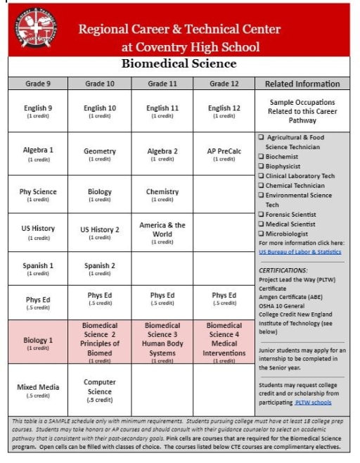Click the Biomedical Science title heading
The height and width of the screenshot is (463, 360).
179,64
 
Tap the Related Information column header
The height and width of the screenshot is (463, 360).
302,84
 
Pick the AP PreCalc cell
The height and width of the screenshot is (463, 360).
224,154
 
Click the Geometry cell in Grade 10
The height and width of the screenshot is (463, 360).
100,154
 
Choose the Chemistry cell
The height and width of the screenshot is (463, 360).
162,194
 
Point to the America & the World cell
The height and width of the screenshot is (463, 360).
162,232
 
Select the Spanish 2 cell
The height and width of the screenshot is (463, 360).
100,268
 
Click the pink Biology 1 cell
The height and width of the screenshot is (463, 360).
39,343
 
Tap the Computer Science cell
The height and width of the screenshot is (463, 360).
100,391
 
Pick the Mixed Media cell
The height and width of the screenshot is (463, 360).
39,390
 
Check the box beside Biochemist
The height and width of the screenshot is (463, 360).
262,157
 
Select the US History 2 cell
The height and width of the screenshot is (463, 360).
100,232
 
